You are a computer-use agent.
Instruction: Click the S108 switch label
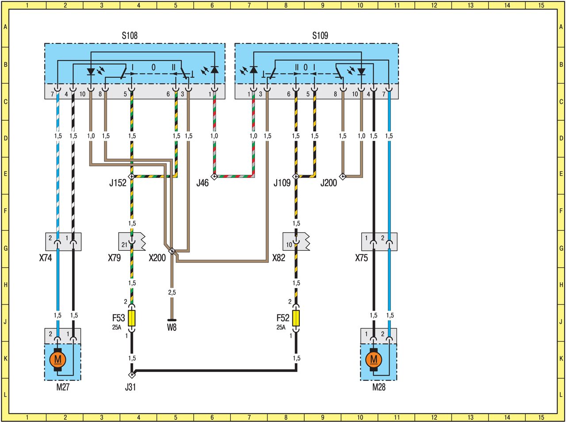click(x=130, y=35)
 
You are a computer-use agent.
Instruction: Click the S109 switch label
click(x=320, y=35)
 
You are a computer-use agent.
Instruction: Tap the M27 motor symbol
click(x=57, y=359)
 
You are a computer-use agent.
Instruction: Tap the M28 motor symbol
click(x=374, y=359)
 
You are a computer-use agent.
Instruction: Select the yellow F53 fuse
click(x=132, y=318)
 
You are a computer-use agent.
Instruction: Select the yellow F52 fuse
click(x=296, y=318)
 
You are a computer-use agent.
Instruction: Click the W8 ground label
click(x=172, y=328)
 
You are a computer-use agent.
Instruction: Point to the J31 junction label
click(x=130, y=387)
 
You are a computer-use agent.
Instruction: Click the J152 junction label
click(x=118, y=183)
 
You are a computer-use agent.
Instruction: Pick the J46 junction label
click(x=202, y=183)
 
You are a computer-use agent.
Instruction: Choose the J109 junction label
click(x=282, y=183)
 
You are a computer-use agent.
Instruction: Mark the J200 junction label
click(x=329, y=183)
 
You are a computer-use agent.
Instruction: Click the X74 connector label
click(x=45, y=257)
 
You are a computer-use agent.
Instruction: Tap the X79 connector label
click(x=114, y=257)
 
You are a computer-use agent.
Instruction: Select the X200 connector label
click(x=157, y=257)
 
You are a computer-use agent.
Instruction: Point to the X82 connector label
click(x=279, y=257)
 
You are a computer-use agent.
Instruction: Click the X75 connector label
click(x=361, y=257)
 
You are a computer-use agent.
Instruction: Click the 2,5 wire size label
click(x=172, y=292)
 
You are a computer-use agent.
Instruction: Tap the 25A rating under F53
click(x=116, y=328)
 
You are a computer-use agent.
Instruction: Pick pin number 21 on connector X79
click(x=124, y=244)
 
